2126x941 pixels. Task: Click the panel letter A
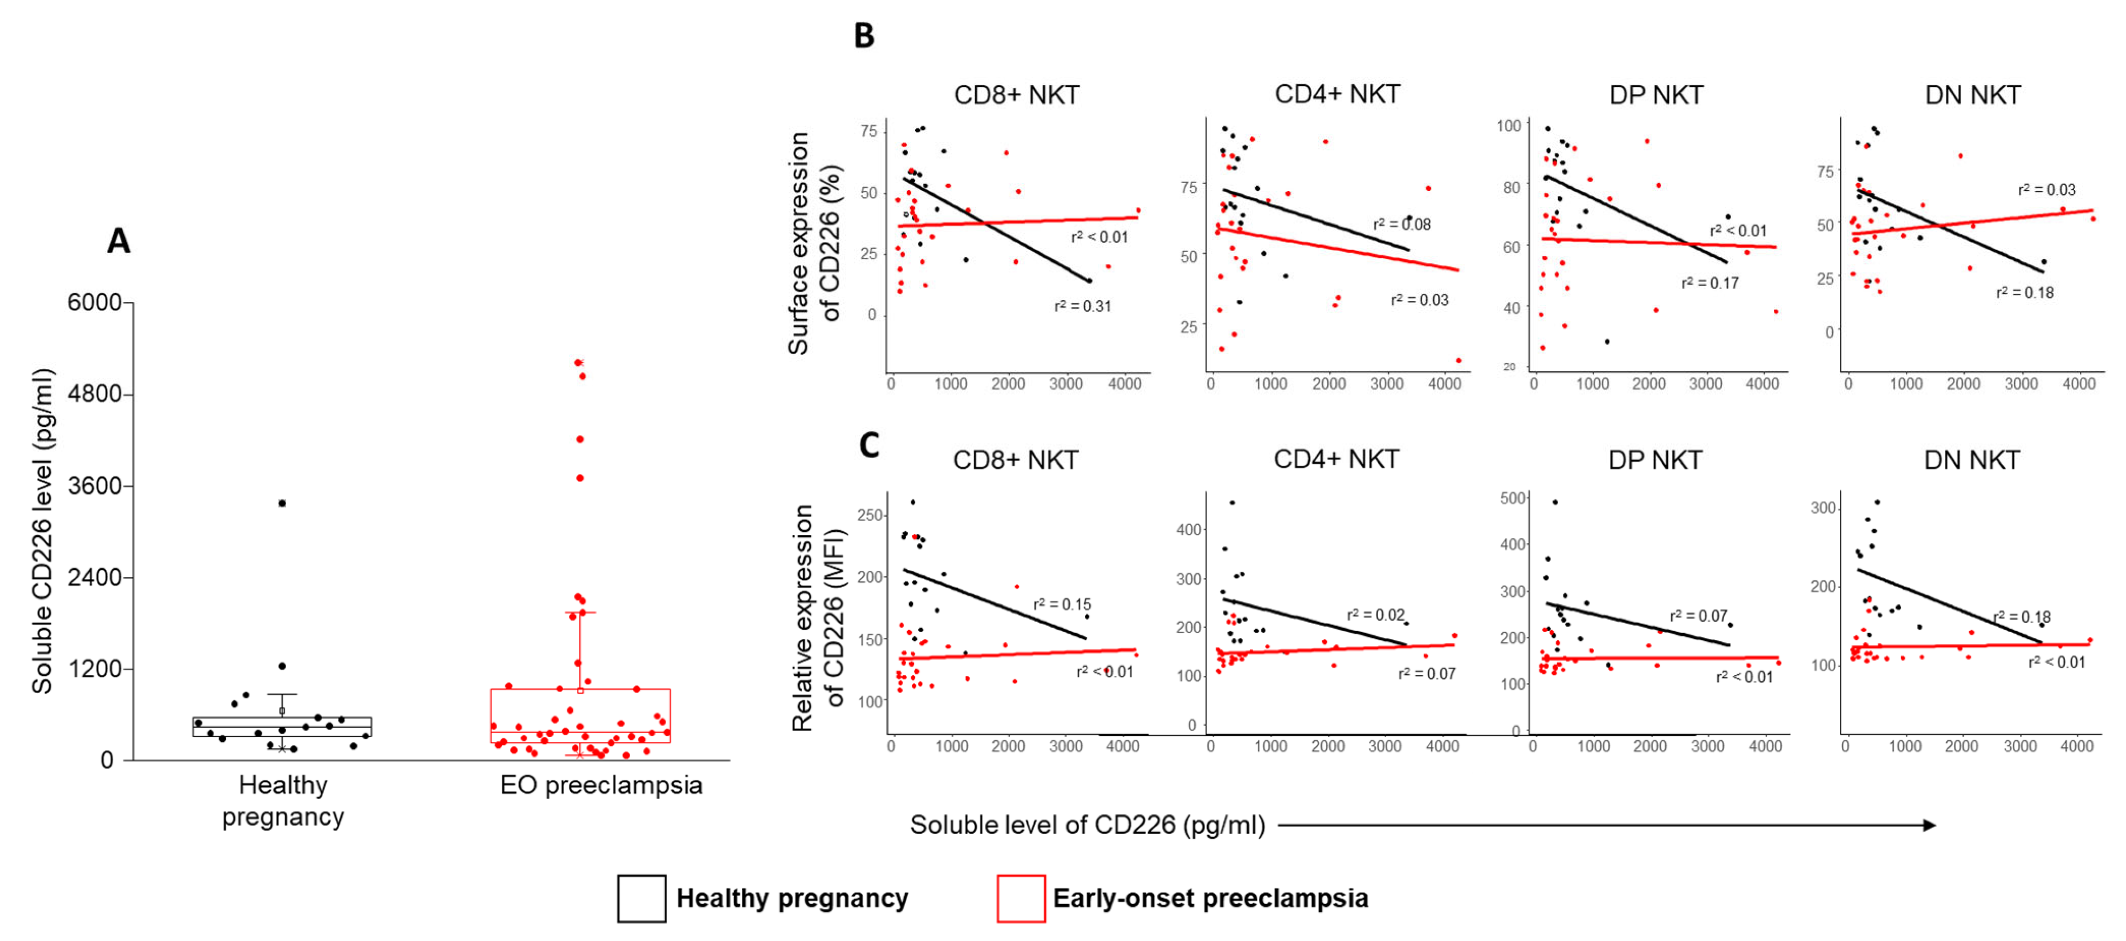click(x=119, y=241)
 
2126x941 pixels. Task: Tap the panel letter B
click(x=863, y=36)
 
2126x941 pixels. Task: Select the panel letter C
click(x=869, y=445)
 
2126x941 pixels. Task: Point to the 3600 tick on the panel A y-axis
click(x=94, y=485)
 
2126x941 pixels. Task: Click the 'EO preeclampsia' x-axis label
click(x=601, y=785)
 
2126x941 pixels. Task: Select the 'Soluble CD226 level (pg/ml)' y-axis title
click(x=42, y=531)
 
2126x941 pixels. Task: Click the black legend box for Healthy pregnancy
click(x=641, y=898)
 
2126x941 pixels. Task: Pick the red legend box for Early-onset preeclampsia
click(x=1021, y=898)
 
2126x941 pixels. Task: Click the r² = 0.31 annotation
click(x=1083, y=306)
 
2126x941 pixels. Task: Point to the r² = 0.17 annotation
click(x=1710, y=283)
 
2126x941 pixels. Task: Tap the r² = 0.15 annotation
click(x=1062, y=604)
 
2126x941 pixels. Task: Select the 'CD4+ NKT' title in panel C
click(x=1336, y=460)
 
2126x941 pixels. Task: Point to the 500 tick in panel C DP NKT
click(x=1513, y=498)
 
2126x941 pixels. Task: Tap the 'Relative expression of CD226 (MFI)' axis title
click(x=817, y=617)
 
